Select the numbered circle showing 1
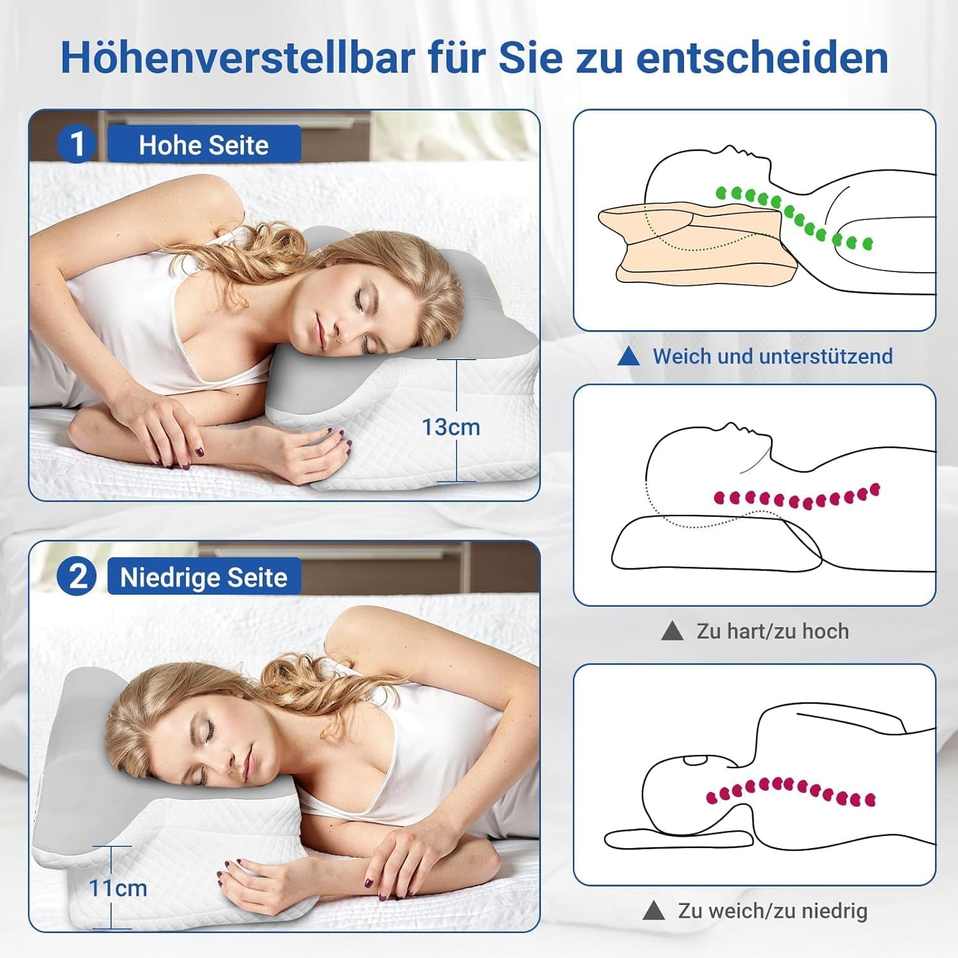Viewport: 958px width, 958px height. click(x=77, y=144)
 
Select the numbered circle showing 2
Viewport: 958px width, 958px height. click(x=77, y=577)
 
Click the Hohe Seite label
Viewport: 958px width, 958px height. click(x=204, y=145)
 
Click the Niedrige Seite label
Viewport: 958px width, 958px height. click(x=204, y=577)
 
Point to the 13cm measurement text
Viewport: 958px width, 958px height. click(x=451, y=427)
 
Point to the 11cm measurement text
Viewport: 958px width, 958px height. click(x=118, y=888)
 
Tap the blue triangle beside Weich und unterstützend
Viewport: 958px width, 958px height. click(x=629, y=356)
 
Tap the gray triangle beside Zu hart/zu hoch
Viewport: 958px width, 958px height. click(x=672, y=632)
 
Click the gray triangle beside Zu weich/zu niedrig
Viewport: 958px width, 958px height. click(x=654, y=911)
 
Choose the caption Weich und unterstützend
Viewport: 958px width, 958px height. click(x=772, y=356)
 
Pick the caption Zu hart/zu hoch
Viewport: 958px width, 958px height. click(x=773, y=632)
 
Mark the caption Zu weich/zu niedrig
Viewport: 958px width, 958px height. click(x=773, y=911)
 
